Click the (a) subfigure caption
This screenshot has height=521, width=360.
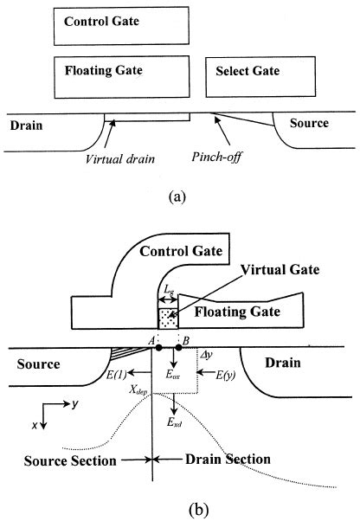tap(177, 197)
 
